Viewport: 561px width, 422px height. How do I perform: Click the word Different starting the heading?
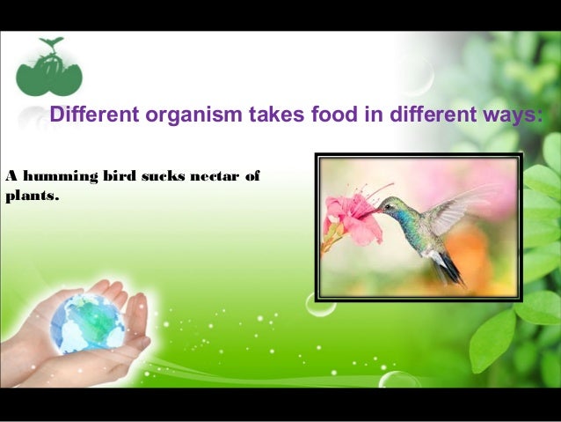click(88, 115)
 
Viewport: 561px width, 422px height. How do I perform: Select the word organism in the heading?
click(171, 115)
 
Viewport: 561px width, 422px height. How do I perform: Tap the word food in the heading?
click(330, 115)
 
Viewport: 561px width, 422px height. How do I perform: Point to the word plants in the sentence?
click(31, 195)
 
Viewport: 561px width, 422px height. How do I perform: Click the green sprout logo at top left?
click(48, 70)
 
